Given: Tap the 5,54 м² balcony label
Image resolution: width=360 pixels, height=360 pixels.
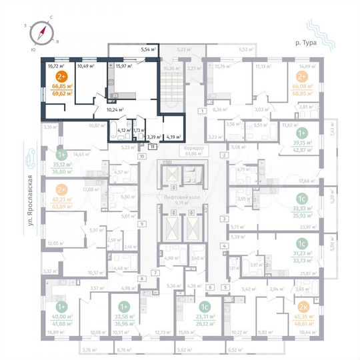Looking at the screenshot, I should coord(147,49).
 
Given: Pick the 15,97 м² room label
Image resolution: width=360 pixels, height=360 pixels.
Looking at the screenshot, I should coord(124,65).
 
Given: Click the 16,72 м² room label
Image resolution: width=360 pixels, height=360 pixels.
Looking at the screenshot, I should coord(55,65).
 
